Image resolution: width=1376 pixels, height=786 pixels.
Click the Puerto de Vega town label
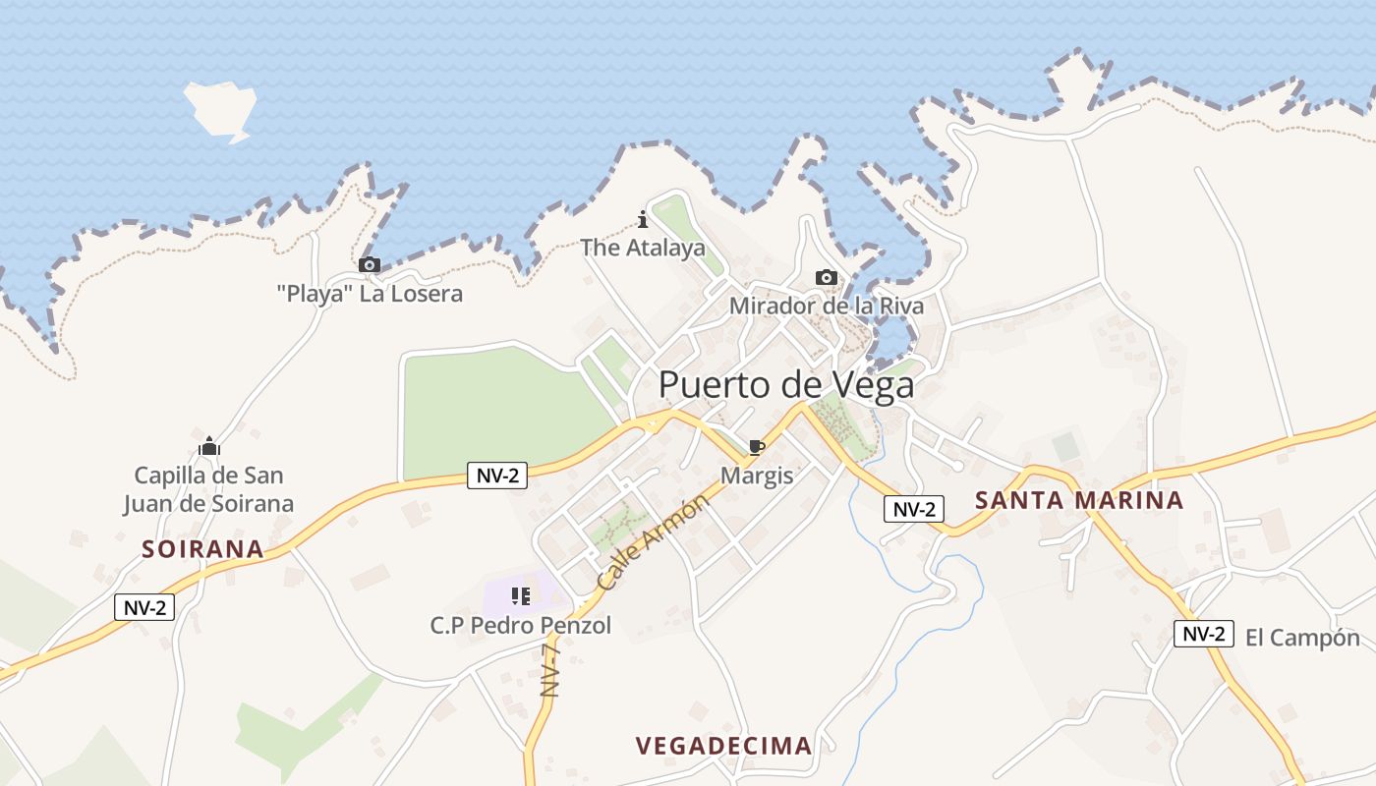click(x=786, y=384)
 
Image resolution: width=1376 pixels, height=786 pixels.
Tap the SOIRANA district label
click(x=202, y=549)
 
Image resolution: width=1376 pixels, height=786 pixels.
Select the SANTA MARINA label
click(x=1078, y=500)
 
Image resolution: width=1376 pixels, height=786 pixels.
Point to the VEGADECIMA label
click(x=723, y=746)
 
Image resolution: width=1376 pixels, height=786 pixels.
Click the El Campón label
click(x=1302, y=638)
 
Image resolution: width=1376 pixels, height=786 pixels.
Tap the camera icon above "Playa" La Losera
click(x=370, y=264)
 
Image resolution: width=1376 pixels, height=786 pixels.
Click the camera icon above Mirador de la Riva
click(x=827, y=277)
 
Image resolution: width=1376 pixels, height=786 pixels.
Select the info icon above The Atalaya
click(x=643, y=219)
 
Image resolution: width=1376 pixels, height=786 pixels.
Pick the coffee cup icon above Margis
click(x=756, y=448)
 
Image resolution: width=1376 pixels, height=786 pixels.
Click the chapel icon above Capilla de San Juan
click(x=208, y=447)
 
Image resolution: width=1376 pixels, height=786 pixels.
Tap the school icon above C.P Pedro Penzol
click(x=521, y=595)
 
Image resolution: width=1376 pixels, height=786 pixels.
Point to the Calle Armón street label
click(x=653, y=542)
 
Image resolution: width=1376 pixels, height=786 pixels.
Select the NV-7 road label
click(x=550, y=670)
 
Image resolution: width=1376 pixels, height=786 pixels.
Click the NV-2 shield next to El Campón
click(x=1203, y=634)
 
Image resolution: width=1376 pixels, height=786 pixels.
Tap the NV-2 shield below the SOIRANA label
click(x=144, y=607)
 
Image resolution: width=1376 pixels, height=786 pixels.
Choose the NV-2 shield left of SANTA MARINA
click(x=913, y=509)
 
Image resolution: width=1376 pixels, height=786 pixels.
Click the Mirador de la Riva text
click(x=826, y=306)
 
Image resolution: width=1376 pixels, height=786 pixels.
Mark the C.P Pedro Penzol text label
click(x=521, y=625)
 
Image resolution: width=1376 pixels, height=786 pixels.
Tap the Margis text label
click(x=756, y=476)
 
